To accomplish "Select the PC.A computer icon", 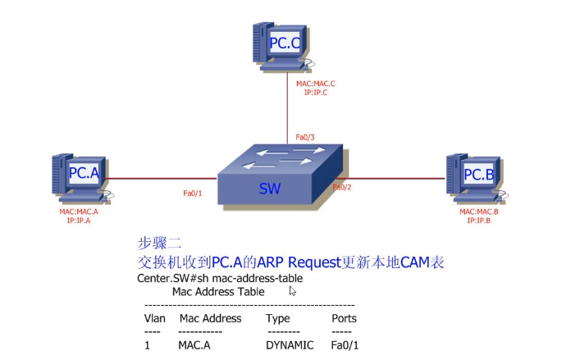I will coord(81,176).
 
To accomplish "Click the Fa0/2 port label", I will coord(342,188).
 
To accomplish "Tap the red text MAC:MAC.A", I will coord(79,212).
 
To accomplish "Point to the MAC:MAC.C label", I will coord(316,84).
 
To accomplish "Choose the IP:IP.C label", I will coord(316,93).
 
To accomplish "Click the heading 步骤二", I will coord(159,244).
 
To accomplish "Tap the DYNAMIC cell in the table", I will coord(290,345).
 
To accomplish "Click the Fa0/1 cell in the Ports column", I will coord(345,345).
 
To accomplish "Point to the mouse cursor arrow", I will coord(292,289).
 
